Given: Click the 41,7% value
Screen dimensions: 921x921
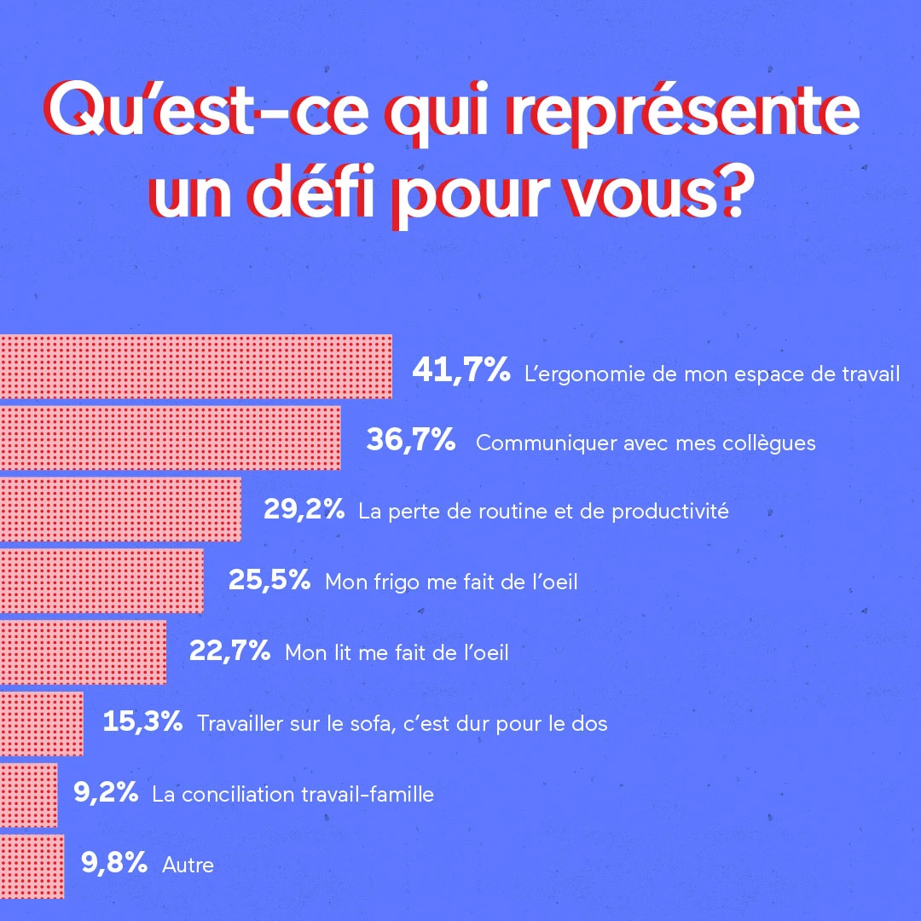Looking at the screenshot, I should pyautogui.click(x=460, y=371).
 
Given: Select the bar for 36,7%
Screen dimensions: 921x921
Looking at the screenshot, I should pyautogui.click(x=170, y=438).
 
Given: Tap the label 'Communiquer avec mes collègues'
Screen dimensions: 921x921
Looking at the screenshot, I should pyautogui.click(x=646, y=443).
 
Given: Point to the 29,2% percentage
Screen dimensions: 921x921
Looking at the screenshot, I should pyautogui.click(x=304, y=511).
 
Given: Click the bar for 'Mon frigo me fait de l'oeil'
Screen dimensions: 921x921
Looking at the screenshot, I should pyautogui.click(x=101, y=581).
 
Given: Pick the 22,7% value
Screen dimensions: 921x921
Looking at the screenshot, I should pyautogui.click(x=229, y=652).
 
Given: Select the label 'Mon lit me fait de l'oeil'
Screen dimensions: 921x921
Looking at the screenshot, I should pyautogui.click(x=397, y=653).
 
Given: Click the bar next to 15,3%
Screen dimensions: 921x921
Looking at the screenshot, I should pyautogui.click(x=41, y=723).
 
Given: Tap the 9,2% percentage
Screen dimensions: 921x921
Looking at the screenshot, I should pyautogui.click(x=106, y=793).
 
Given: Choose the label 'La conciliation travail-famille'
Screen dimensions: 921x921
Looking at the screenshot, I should pyautogui.click(x=293, y=795).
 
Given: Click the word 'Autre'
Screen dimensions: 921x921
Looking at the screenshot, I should pyautogui.click(x=188, y=866).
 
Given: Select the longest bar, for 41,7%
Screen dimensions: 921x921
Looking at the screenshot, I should pyautogui.click(x=195, y=367).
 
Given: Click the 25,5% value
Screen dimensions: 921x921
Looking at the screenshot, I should pyautogui.click(x=269, y=581).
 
